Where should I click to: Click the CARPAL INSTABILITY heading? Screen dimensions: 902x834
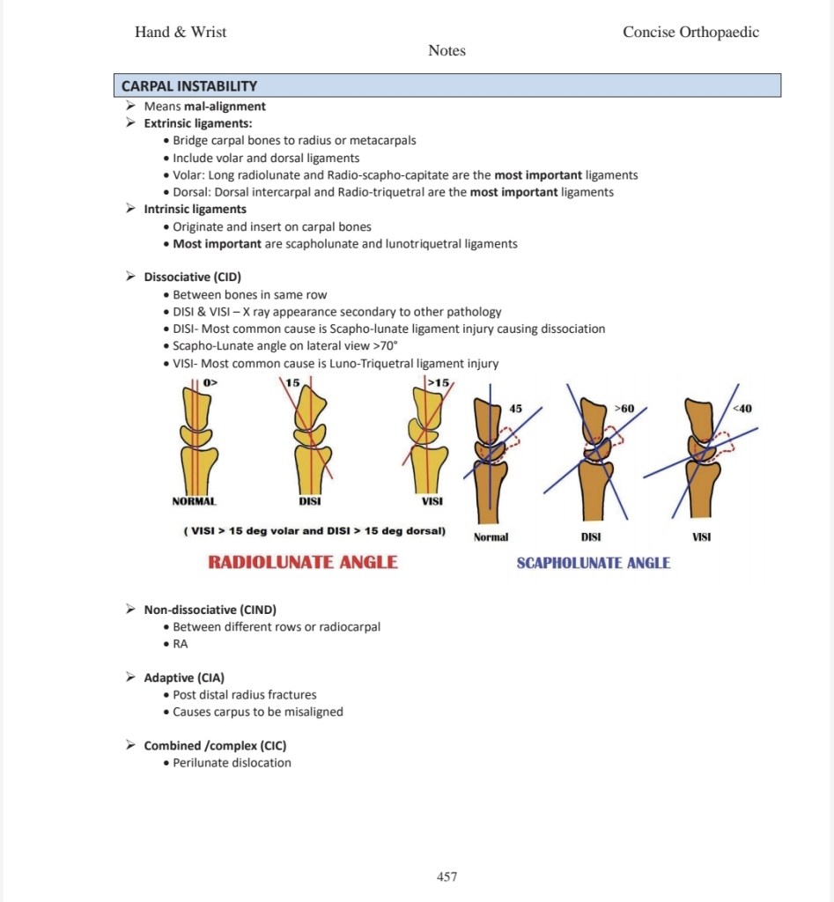[189, 86]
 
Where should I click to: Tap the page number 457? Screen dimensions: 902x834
[447, 876]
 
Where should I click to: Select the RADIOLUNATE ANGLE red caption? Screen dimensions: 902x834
[303, 562]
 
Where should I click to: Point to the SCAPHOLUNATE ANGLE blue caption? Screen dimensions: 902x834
[593, 563]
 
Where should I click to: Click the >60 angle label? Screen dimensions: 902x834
[624, 409]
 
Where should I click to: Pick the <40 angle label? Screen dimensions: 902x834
[742, 408]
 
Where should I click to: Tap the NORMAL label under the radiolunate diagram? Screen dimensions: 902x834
[194, 501]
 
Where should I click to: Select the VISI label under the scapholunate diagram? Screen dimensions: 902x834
[702, 536]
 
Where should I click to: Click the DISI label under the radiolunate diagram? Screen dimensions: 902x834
[309, 501]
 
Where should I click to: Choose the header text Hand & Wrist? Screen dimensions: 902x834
[181, 33]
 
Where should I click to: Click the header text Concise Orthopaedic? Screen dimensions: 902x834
[690, 33]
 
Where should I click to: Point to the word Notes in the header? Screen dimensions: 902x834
[447, 51]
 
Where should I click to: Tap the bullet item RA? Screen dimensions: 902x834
[180, 644]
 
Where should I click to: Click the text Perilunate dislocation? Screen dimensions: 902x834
[232, 763]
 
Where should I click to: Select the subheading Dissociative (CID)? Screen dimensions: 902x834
[192, 277]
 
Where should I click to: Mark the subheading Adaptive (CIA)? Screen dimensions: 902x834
[184, 677]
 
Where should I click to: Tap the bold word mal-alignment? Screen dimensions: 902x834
[225, 107]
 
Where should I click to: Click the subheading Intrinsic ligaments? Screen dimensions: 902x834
[196, 210]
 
